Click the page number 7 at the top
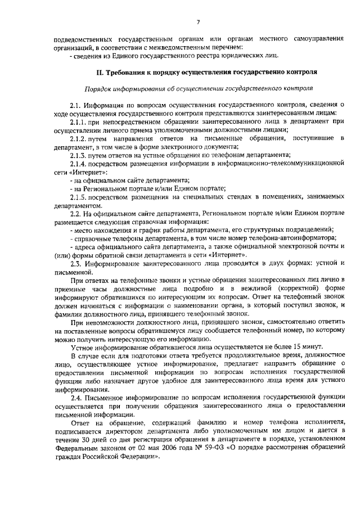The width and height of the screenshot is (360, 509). point(198,22)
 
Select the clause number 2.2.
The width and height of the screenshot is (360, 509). point(75,214)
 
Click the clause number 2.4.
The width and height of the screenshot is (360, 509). point(75,398)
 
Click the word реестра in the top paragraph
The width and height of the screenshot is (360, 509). point(199,55)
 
